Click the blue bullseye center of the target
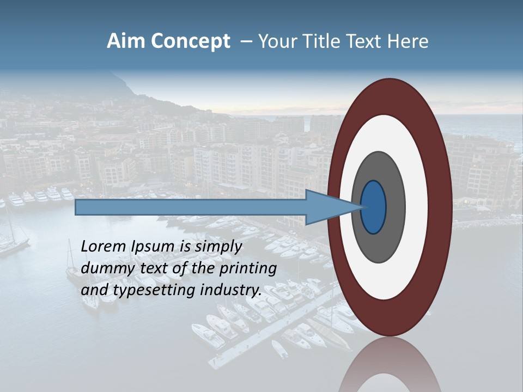(373, 207)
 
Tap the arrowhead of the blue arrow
(327, 207)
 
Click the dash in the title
(246, 42)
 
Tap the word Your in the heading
(275, 41)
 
